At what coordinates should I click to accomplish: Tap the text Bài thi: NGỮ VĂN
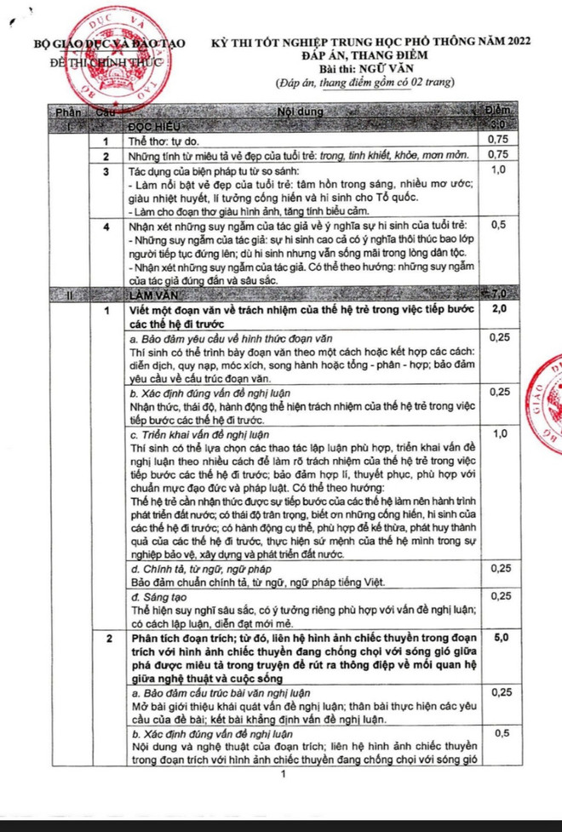363,68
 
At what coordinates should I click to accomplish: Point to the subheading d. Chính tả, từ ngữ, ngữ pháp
204,567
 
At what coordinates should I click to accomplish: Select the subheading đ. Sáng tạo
158,597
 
